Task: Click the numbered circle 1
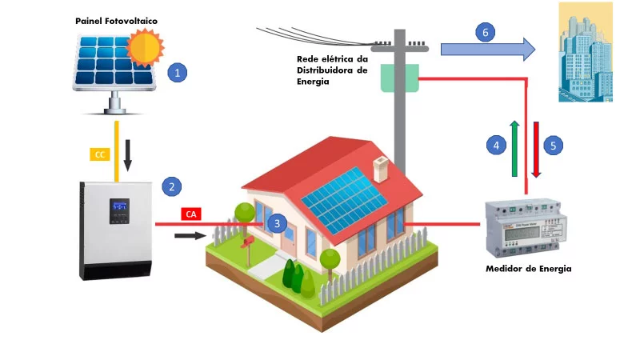coord(180,74)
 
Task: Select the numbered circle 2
coord(170,187)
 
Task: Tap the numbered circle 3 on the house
coord(276,223)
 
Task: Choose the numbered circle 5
coord(554,146)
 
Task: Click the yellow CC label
coord(100,154)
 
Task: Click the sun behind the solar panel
coord(146,46)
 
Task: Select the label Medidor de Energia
coord(528,269)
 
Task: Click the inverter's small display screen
coord(119,208)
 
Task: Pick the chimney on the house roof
coord(382,167)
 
